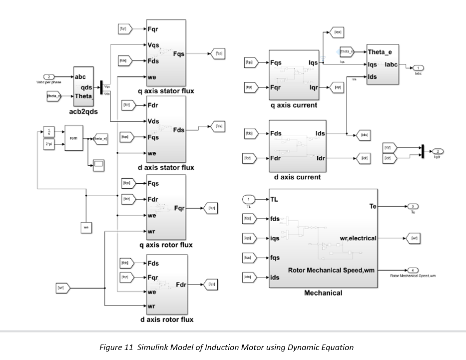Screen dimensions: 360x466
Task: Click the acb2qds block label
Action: [84, 112]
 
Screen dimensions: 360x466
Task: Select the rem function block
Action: [74, 138]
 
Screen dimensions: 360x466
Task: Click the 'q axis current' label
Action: [293, 105]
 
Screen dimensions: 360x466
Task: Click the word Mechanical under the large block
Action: [323, 293]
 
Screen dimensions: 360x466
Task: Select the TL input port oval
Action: [248, 199]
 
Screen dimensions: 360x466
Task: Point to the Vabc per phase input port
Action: [48, 76]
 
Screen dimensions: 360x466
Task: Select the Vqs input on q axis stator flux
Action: [153, 45]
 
